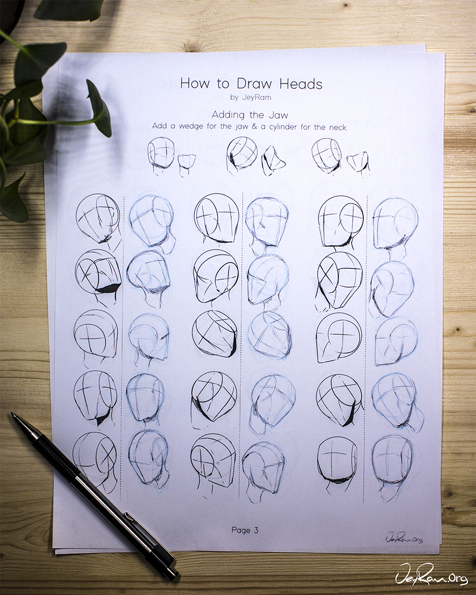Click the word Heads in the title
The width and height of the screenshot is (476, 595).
(x=301, y=84)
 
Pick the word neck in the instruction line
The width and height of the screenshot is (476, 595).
(x=338, y=127)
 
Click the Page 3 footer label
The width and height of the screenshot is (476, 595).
(x=245, y=530)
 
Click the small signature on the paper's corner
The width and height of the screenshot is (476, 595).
(x=404, y=537)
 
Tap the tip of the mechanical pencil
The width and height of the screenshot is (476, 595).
(x=12, y=414)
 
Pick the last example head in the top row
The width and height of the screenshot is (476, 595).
(x=326, y=155)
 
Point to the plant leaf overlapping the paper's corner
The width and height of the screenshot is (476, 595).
(x=100, y=108)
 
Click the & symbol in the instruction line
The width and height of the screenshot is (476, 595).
(x=254, y=126)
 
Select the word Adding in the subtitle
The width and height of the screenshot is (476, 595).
(x=228, y=115)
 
